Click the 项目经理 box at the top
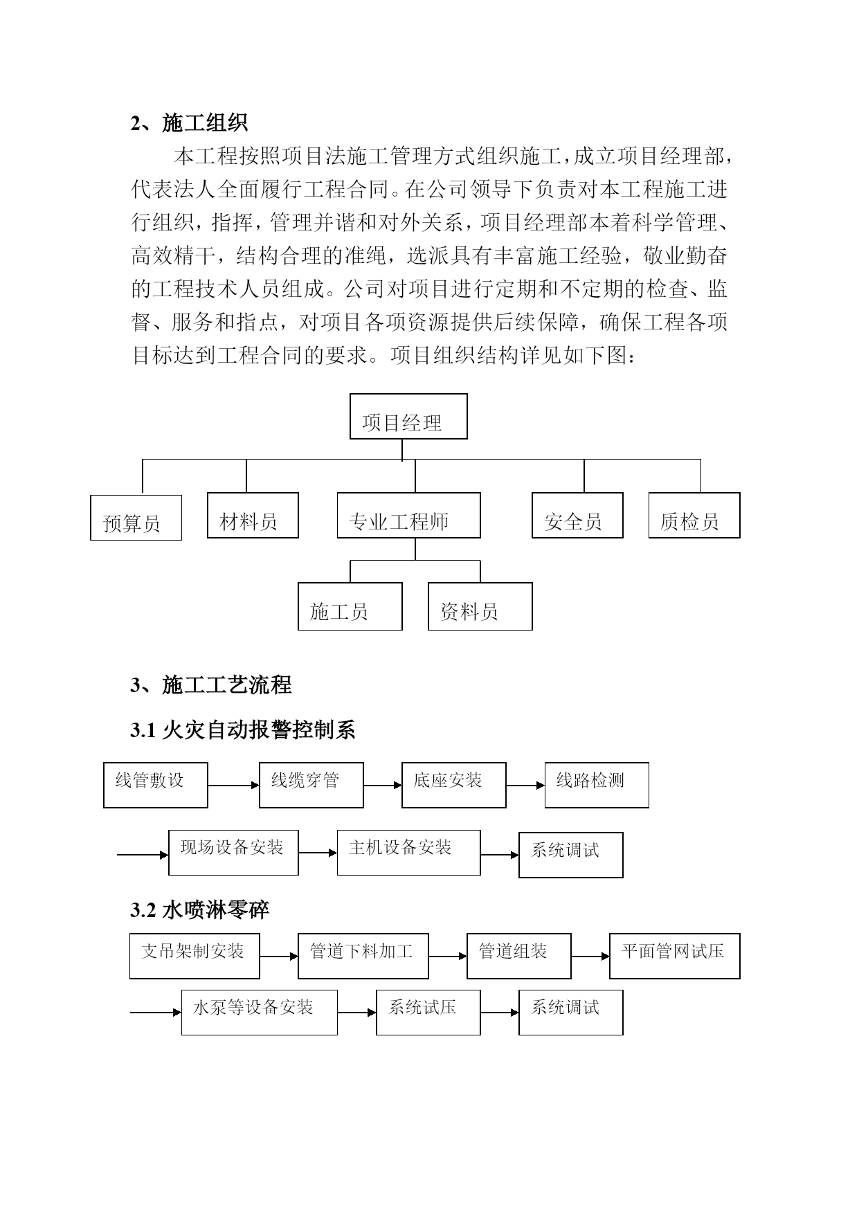(x=408, y=417)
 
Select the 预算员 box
(x=136, y=518)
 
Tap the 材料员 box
(x=253, y=516)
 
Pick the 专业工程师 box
(x=408, y=516)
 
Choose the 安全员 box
(x=577, y=516)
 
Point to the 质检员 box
(x=694, y=516)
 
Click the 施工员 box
(x=350, y=606)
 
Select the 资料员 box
(x=480, y=606)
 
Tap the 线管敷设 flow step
(x=156, y=785)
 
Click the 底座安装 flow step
(x=454, y=785)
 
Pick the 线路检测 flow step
(x=597, y=785)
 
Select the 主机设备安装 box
(x=409, y=853)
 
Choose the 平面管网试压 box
(x=675, y=956)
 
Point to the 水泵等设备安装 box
(x=260, y=1013)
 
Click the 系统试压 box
(x=428, y=1013)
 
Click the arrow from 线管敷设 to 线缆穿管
(x=234, y=786)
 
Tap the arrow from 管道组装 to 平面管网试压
(x=590, y=957)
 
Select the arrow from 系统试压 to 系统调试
(x=500, y=1013)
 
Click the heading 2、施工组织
(x=189, y=123)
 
